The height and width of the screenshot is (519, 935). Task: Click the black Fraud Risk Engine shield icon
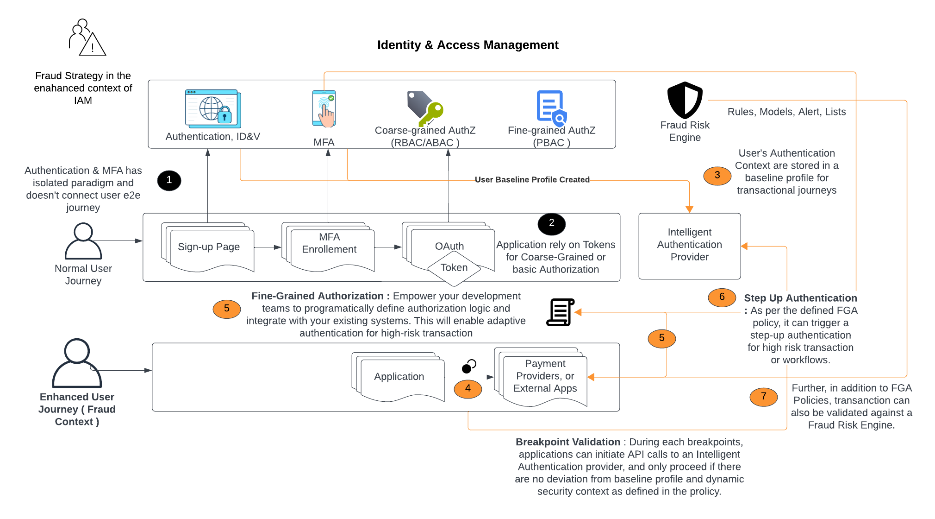point(685,100)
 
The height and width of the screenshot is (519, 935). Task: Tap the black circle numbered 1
point(169,180)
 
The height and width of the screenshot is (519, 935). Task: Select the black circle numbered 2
point(551,224)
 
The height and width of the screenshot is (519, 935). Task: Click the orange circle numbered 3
point(717,176)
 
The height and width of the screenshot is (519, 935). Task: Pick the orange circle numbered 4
point(467,389)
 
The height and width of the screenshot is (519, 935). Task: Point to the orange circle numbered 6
point(722,297)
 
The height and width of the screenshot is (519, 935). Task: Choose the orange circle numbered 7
point(763,397)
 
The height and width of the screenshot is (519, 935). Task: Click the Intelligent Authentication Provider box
point(689,246)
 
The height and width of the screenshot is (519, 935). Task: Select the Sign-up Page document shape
point(209,247)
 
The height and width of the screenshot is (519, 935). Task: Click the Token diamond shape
point(454,268)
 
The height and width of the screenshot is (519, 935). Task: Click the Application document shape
point(399,378)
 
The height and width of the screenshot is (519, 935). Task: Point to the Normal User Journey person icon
point(83,241)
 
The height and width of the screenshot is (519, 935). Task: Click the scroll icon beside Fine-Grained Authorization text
point(560,312)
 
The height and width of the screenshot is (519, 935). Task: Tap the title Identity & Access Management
point(467,45)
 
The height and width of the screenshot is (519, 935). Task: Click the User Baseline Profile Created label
point(532,180)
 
